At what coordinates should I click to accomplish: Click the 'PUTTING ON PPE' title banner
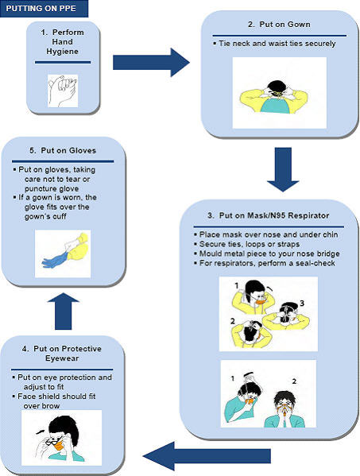click(x=44, y=9)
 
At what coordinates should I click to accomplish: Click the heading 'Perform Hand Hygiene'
click(x=62, y=41)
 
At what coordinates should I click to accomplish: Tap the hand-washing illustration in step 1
click(x=63, y=91)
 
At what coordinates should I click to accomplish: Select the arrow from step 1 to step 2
click(x=151, y=63)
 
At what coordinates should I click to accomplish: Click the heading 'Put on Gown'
click(x=279, y=25)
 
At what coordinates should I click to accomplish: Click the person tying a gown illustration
click(x=274, y=97)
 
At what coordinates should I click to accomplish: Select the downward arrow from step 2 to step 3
click(x=283, y=169)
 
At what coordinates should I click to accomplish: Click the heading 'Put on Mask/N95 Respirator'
click(x=269, y=215)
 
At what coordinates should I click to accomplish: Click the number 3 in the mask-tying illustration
click(x=302, y=303)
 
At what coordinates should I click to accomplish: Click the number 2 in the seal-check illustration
click(x=294, y=381)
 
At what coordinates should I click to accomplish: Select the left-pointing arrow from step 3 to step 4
click(x=207, y=456)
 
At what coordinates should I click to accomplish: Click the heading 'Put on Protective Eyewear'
click(x=62, y=354)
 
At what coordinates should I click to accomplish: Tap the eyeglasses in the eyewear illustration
click(x=54, y=440)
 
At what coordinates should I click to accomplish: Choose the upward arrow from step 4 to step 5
click(x=63, y=312)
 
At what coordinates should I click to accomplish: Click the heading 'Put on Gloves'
click(x=63, y=150)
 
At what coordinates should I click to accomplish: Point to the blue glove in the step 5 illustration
click(x=55, y=259)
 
